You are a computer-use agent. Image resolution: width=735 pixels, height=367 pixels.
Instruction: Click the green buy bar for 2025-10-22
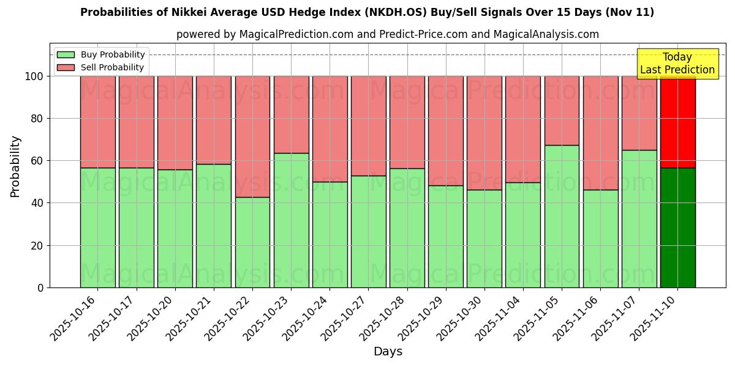pyautogui.click(x=252, y=242)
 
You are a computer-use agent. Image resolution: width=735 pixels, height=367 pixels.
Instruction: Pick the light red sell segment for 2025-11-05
pyautogui.click(x=562, y=111)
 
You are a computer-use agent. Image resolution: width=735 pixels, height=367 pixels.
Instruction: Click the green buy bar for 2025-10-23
pyautogui.click(x=291, y=220)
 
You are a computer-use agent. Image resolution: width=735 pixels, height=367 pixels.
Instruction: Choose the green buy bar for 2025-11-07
pyautogui.click(x=639, y=218)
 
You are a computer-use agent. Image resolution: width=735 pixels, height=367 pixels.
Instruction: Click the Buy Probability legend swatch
pyautogui.click(x=66, y=55)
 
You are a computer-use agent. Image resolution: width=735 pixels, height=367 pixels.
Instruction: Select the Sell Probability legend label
pyautogui.click(x=112, y=68)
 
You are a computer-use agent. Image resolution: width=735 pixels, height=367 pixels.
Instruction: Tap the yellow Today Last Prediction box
pyautogui.click(x=677, y=64)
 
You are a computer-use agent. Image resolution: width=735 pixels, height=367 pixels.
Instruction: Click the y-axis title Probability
pyautogui.click(x=15, y=166)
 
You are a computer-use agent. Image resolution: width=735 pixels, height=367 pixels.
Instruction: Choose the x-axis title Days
pyautogui.click(x=388, y=352)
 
